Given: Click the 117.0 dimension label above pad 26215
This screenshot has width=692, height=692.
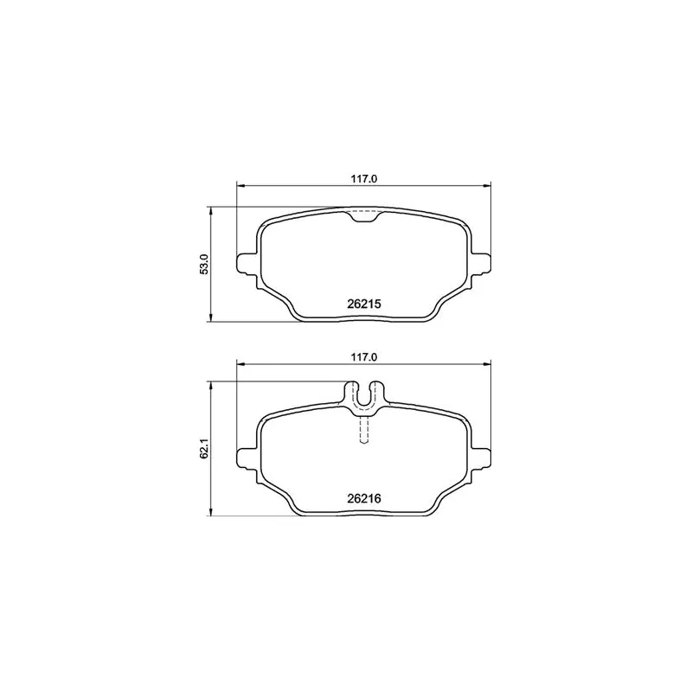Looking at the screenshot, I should [x=364, y=179].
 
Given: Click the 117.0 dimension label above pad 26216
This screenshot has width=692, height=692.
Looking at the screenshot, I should [x=364, y=356].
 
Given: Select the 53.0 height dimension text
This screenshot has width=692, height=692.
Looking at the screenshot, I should [x=204, y=264].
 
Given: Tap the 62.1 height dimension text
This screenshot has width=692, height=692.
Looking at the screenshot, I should [x=204, y=450].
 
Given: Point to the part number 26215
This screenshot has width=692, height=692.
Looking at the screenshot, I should [x=364, y=304].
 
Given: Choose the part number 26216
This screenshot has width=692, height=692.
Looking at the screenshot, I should [x=364, y=498].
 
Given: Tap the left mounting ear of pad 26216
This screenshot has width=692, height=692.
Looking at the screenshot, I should [x=246, y=457].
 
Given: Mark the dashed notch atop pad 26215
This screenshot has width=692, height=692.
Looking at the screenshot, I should [x=364, y=217].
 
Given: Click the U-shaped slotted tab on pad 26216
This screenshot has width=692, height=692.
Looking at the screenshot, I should [x=364, y=394].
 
